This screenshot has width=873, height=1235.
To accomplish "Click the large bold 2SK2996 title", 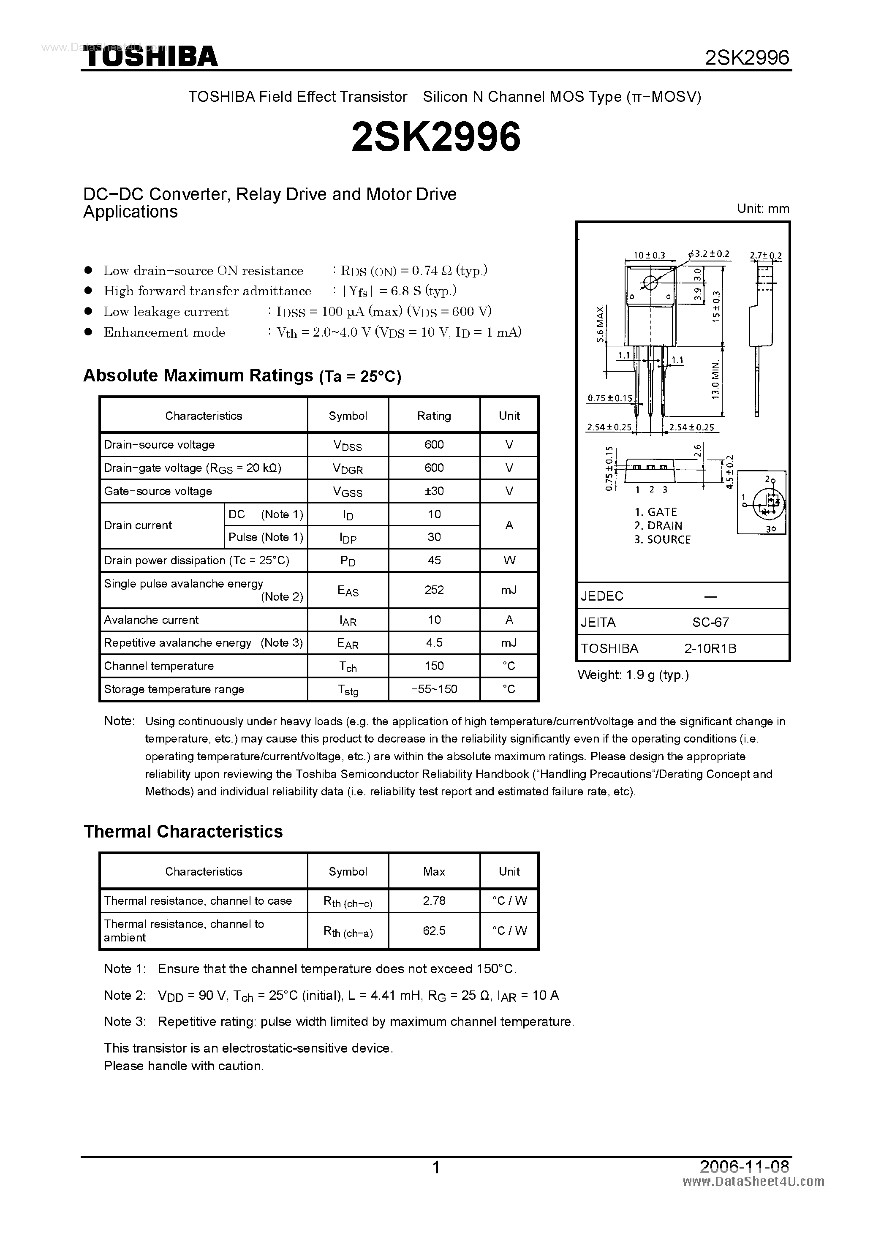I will [x=436, y=136].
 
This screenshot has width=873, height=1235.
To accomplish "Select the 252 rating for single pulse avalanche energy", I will [x=434, y=590].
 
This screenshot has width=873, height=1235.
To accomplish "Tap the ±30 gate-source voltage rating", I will [x=434, y=490].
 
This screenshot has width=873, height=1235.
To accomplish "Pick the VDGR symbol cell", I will [x=348, y=468].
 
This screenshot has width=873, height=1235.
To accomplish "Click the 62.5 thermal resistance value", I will [x=434, y=930].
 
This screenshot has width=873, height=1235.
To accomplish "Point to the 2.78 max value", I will [x=434, y=900].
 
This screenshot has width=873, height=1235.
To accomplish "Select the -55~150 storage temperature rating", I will [x=434, y=689].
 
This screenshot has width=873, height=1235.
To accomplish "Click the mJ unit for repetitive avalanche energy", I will [x=509, y=643].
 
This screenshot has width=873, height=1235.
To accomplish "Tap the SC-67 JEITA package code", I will [x=710, y=622].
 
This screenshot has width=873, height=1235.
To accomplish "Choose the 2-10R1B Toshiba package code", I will [x=710, y=648].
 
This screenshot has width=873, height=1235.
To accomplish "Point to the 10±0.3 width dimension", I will [x=649, y=256].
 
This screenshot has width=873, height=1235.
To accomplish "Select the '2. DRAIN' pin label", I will [x=658, y=525].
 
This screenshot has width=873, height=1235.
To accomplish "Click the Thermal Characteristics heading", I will [x=183, y=831].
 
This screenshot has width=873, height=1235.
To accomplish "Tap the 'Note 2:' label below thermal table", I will [x=125, y=995].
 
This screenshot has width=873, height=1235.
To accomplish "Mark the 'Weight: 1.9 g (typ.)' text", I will [x=633, y=675].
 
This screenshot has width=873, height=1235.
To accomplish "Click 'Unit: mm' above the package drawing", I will [x=763, y=209].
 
